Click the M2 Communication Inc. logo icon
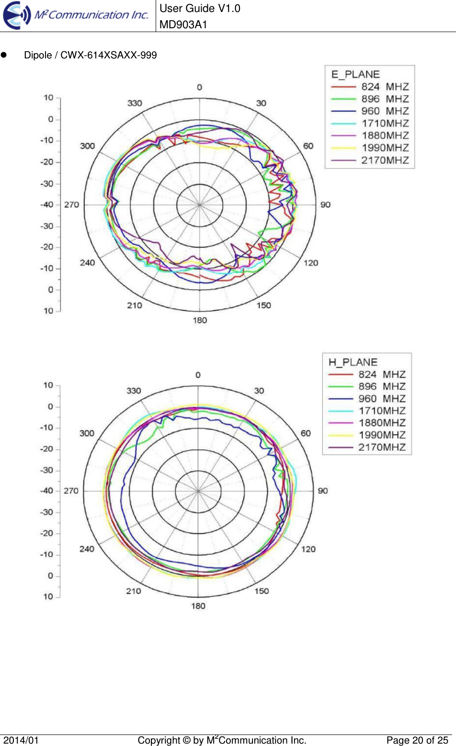coord(17,15)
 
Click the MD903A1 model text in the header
coord(183,24)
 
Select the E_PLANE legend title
coord(355,74)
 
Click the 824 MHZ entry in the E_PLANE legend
coord(385,87)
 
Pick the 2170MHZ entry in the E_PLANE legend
coord(385,160)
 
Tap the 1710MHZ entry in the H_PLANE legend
coord(382,411)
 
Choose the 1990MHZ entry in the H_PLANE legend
coord(382,435)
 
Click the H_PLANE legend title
coord(353,362)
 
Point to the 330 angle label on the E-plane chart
coord(135,103)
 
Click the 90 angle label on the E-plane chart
coord(325,204)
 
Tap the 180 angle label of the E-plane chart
coord(200,320)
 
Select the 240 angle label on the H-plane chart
coord(87,549)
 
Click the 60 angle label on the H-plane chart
coord(306,433)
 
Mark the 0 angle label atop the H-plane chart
coord(198,375)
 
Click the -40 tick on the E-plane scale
coord(47,204)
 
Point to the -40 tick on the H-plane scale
coord(47,491)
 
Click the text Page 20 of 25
coord(417,740)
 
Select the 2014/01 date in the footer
coord(21,740)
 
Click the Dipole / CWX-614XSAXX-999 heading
coord(90,55)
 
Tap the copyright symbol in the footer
coord(187,740)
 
